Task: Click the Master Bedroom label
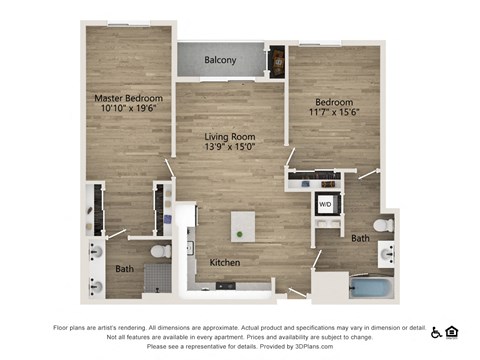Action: [128, 98]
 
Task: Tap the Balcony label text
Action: [220, 61]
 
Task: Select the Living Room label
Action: [230, 137]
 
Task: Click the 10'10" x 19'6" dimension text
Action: [128, 110]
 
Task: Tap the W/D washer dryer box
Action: [325, 204]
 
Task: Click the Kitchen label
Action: [224, 262]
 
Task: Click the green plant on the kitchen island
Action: [239, 234]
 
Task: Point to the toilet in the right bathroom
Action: [381, 223]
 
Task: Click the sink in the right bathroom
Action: [387, 257]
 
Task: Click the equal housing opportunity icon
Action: [452, 331]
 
